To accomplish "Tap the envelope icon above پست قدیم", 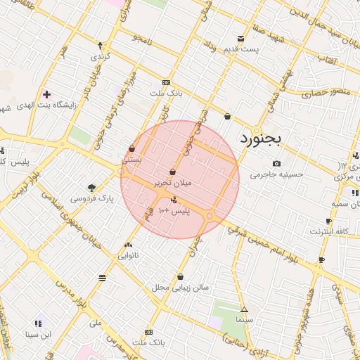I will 241,38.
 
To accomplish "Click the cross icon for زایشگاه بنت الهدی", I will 46,94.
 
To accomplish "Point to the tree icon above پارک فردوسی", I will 91,187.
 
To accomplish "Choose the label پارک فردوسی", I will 92,199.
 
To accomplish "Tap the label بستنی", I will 132,160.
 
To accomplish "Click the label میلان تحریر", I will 172,184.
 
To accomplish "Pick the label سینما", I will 244,320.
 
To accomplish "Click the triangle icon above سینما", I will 244,309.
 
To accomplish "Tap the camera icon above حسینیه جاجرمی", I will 276,164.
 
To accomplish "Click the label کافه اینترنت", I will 330,231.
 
